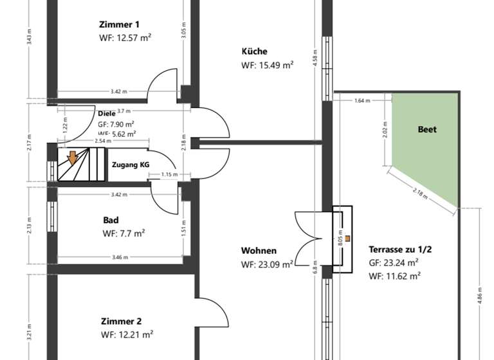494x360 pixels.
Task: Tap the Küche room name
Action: (x=254, y=51)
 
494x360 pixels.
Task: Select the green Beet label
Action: (x=427, y=129)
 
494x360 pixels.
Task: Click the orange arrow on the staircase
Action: (x=73, y=157)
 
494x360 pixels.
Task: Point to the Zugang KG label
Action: (x=131, y=165)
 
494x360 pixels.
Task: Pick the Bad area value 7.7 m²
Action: (x=123, y=233)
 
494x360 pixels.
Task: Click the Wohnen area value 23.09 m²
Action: (x=268, y=264)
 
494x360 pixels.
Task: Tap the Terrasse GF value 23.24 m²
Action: (x=394, y=262)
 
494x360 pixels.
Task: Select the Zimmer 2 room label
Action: (x=121, y=321)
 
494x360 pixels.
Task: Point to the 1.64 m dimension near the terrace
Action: (x=363, y=101)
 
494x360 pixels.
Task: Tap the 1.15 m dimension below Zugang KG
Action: (x=169, y=175)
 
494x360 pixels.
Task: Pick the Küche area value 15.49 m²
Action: (x=268, y=65)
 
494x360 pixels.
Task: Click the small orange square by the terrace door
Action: (x=347, y=239)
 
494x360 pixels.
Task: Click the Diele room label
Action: (x=107, y=114)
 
